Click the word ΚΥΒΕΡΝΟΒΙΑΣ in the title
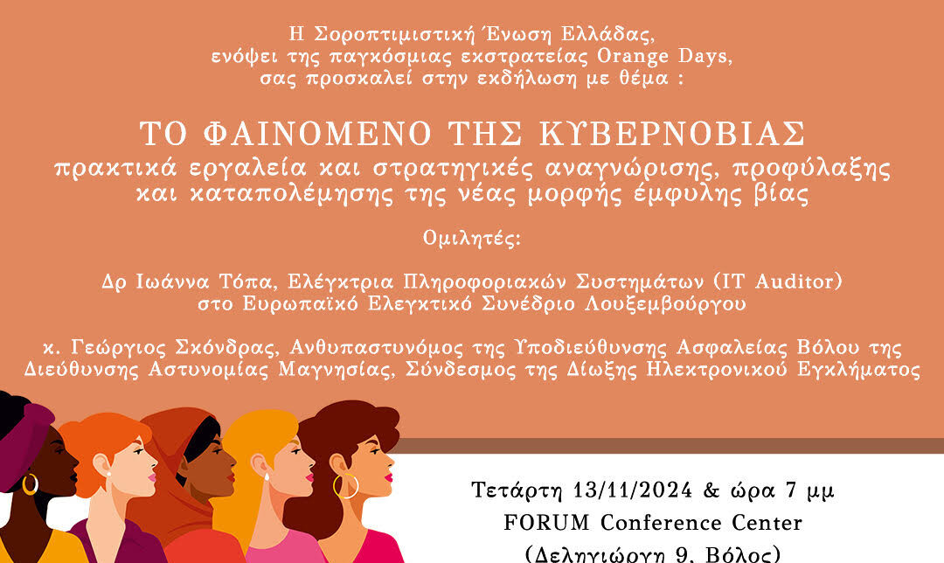click(x=672, y=134)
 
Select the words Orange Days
click(x=664, y=56)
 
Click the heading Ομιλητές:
click(x=472, y=239)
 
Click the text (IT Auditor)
click(x=777, y=281)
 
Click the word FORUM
click(x=546, y=523)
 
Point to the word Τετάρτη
click(x=517, y=490)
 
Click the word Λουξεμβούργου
click(x=665, y=304)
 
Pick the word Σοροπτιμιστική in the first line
click(x=395, y=34)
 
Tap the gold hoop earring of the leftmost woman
click(x=30, y=484)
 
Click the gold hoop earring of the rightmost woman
click(x=346, y=486)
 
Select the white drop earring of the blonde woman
click(x=266, y=477)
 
